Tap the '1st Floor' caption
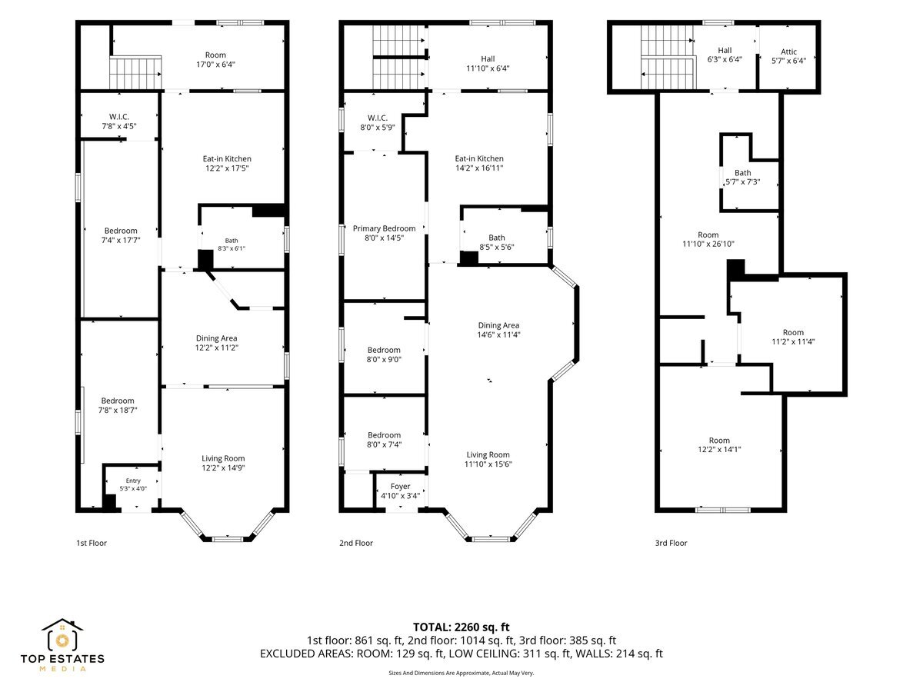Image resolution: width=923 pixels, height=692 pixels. point(92,543)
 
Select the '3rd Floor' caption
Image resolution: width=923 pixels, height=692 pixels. point(671,543)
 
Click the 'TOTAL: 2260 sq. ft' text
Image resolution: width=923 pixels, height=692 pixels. point(461,627)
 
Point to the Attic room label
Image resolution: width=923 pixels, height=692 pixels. point(788,52)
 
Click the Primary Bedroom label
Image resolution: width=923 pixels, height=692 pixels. point(384,228)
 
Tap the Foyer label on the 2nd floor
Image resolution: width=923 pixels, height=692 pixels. point(400,486)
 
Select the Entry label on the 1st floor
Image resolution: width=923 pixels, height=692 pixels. point(133,481)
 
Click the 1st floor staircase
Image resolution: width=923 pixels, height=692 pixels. point(135,72)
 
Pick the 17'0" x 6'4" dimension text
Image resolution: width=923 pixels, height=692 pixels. point(215,65)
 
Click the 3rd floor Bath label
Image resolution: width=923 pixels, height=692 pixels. point(742,173)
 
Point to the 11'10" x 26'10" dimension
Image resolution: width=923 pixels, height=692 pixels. point(708,244)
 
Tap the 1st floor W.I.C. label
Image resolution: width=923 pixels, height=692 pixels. point(119,117)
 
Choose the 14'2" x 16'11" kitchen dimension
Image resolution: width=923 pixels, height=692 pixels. point(479,168)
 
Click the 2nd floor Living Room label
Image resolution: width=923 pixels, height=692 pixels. point(488,454)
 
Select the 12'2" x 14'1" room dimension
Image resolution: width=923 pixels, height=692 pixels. point(719,449)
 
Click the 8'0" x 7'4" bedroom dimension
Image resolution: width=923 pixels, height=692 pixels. point(384,444)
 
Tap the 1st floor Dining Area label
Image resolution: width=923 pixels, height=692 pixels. point(217,338)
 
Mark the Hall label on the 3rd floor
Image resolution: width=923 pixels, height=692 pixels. point(725,51)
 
